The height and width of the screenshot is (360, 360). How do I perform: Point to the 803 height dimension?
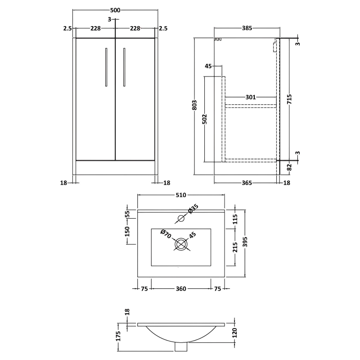(194, 104)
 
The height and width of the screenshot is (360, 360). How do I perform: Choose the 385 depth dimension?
(247, 28)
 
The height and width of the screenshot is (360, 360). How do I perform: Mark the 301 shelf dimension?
(251, 97)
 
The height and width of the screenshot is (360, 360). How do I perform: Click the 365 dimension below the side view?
(246, 183)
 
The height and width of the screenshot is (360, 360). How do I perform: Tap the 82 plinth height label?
(289, 167)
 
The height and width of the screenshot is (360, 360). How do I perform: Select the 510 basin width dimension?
(180, 195)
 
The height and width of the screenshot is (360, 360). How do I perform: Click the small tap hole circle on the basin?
(181, 219)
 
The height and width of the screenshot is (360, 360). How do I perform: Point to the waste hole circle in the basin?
(181, 245)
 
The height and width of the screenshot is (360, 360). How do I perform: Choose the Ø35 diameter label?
(192, 210)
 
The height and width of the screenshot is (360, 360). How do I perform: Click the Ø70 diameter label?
(165, 234)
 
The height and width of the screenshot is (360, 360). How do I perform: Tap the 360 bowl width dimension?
(180, 289)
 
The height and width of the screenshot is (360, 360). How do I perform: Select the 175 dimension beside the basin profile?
(118, 336)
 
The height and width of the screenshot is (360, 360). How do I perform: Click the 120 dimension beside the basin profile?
(234, 333)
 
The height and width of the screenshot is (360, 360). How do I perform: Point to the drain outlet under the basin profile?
(181, 347)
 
